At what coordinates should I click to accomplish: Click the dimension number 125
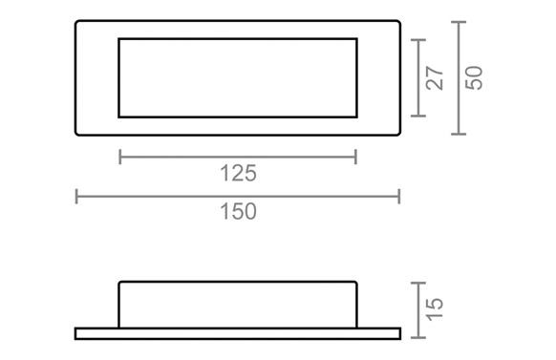[x=238, y=173]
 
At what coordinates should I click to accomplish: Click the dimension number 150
[x=238, y=212]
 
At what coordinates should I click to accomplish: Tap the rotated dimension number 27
[x=435, y=77]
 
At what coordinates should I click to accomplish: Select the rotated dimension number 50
[x=474, y=77]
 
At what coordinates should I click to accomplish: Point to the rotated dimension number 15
[x=435, y=309]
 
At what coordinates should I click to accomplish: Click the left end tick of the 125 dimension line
[x=120, y=157]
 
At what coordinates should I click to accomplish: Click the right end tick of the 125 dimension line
[x=355, y=157]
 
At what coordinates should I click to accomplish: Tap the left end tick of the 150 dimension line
[x=76, y=197]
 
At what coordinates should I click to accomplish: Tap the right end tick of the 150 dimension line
[x=399, y=197]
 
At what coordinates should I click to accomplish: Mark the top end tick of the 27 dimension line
[x=418, y=40]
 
